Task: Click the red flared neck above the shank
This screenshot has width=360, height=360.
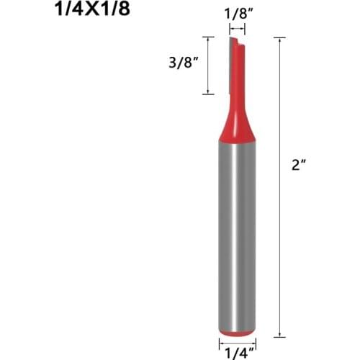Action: point(236,122)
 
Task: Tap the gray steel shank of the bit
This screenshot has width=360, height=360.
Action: point(236,230)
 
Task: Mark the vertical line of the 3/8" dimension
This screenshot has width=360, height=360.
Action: point(208,65)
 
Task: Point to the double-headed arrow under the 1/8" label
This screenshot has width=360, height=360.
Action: point(236,30)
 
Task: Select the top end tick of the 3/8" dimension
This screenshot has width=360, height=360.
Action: point(208,37)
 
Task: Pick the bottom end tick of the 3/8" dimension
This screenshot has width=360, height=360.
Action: point(208,94)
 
